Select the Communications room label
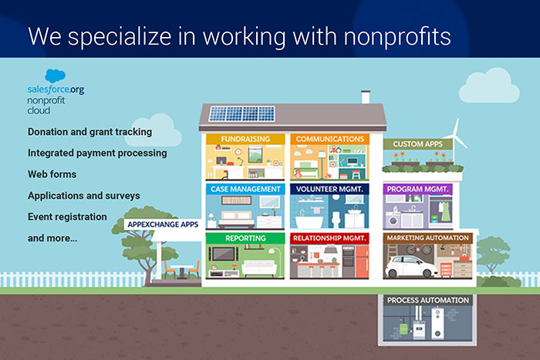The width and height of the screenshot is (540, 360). [x=327, y=140]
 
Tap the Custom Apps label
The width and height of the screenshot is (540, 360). [x=417, y=144]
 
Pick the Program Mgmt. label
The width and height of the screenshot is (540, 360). [x=417, y=189]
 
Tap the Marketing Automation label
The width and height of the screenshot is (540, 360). [x=428, y=238]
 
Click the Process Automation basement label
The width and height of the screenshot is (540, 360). [x=428, y=300]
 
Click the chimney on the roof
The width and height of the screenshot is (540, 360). [x=365, y=97]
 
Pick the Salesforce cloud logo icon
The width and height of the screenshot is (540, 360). [x=55, y=76]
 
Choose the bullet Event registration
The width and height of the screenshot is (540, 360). [x=67, y=217]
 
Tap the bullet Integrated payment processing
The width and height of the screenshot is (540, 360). [x=97, y=153]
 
